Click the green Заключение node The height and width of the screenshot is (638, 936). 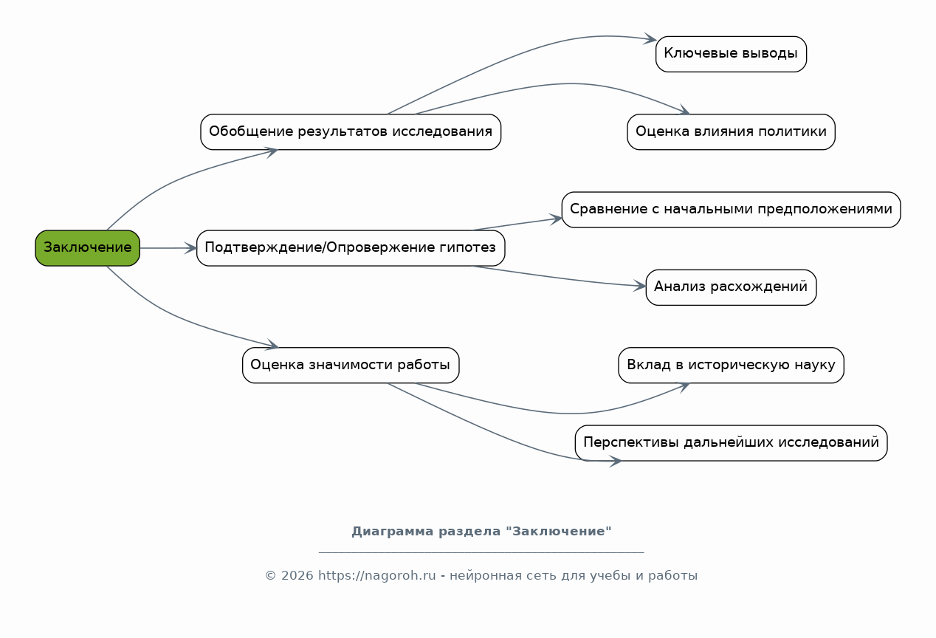(x=87, y=248)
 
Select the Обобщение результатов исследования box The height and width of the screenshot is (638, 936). (x=351, y=131)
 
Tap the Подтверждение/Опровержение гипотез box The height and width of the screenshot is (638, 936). (x=351, y=248)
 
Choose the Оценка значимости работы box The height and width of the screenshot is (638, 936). (x=351, y=365)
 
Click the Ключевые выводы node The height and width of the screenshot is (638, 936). (x=731, y=54)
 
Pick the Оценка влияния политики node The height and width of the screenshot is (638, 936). (x=731, y=131)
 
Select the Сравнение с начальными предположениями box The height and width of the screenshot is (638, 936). (x=731, y=210)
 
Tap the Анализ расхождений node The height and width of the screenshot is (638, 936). (x=731, y=287)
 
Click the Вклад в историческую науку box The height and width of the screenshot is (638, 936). (x=731, y=365)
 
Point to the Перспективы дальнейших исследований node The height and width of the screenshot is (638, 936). (x=731, y=443)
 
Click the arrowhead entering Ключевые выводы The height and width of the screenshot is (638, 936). (x=650, y=39)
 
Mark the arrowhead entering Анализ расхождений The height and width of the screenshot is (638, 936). (x=641, y=286)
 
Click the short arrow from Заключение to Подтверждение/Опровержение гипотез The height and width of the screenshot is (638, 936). (x=168, y=248)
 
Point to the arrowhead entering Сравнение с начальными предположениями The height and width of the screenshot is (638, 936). (x=556, y=219)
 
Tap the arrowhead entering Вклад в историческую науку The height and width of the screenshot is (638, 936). (x=684, y=387)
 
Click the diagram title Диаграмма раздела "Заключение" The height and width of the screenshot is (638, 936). (x=481, y=532)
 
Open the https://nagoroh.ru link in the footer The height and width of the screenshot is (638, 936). (x=377, y=576)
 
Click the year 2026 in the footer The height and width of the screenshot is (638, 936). (x=297, y=576)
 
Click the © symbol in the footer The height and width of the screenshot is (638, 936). (x=270, y=576)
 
